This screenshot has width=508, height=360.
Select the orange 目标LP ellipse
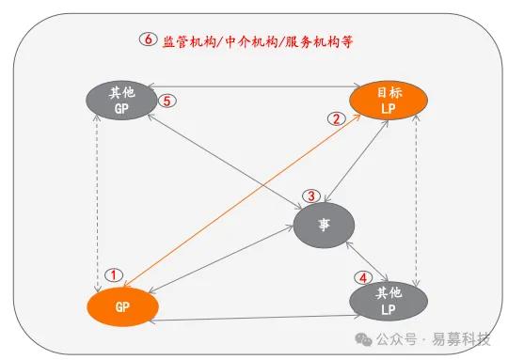click(388, 102)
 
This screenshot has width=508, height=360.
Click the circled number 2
click(333, 118)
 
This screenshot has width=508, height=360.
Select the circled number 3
click(310, 196)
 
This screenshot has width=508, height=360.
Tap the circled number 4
click(363, 278)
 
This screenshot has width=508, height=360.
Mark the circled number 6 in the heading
click(146, 40)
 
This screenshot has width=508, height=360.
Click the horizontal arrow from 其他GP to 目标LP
click(254, 88)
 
